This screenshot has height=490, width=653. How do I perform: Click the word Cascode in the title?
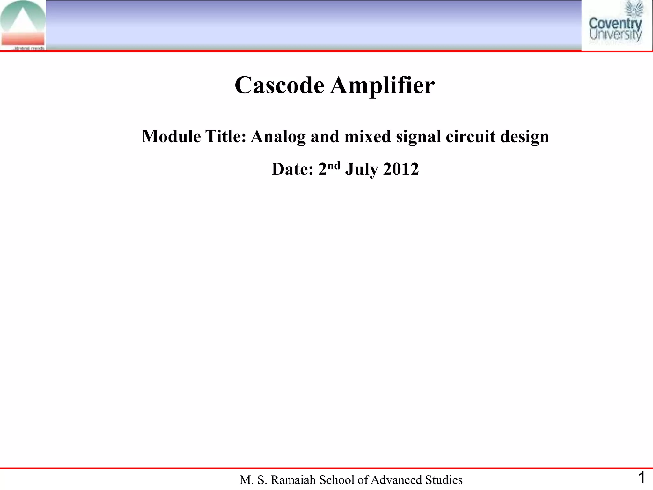pyautogui.click(x=279, y=85)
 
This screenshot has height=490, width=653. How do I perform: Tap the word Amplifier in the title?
pyautogui.click(x=382, y=85)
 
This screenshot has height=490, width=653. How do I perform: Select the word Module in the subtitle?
pyautogui.click(x=171, y=137)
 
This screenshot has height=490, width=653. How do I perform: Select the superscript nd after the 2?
pyautogui.click(x=334, y=166)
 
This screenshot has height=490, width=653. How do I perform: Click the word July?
pyautogui.click(x=362, y=169)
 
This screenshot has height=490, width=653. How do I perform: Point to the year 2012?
pyautogui.click(x=401, y=169)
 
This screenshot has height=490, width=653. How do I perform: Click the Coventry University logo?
pyautogui.click(x=615, y=26)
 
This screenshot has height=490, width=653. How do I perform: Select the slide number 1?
pyautogui.click(x=642, y=478)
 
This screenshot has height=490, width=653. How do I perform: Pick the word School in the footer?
pyautogui.click(x=336, y=480)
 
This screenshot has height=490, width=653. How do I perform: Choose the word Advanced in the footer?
pyautogui.click(x=396, y=480)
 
